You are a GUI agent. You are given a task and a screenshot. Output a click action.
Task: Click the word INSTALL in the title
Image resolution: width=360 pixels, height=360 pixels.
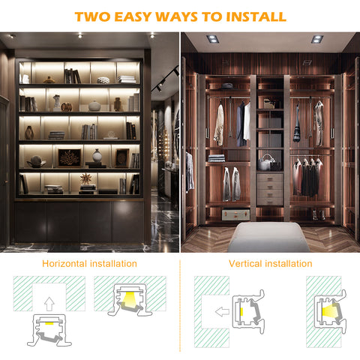coord(256,16)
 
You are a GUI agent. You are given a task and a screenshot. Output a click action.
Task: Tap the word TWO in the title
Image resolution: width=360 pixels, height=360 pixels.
coord(92,16)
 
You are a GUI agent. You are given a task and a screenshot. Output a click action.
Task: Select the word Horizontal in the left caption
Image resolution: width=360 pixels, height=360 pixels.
coord(64,264)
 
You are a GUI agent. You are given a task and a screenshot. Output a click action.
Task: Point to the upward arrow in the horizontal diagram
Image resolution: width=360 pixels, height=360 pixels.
coord(49,304)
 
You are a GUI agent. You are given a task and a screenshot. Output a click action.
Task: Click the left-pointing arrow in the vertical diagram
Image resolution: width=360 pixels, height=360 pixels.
coord(222,312)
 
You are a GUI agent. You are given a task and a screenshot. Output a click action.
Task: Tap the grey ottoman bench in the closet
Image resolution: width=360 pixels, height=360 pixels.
coord(268,237)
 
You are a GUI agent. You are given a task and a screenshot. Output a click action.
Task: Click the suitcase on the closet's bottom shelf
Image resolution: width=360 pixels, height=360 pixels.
coord(235,214)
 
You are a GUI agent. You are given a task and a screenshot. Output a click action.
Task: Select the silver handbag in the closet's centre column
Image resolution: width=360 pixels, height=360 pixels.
coord(265,162)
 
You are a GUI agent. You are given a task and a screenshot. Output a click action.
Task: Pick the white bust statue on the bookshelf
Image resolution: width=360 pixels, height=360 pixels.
coord(57,103)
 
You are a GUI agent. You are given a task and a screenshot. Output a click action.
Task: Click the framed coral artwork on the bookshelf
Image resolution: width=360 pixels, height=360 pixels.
coord(70,157)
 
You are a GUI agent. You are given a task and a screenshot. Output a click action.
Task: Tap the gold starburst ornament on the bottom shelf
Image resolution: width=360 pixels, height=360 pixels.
coord(86,178)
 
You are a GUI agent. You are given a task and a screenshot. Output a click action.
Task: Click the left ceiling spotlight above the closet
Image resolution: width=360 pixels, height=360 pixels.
coord(212,39)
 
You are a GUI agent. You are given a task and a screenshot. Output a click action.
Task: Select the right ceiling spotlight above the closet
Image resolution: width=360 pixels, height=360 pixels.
coord(317,39)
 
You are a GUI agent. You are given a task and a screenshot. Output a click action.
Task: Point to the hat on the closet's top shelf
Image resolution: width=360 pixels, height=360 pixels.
coord(227,86)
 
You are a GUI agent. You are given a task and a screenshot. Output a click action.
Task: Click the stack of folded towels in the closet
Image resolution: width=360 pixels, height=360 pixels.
coord(217,158)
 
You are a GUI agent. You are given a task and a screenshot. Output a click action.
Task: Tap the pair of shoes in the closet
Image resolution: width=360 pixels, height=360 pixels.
coord(318,215)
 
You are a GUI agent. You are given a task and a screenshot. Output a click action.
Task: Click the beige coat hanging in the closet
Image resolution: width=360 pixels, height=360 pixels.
coord(219,125)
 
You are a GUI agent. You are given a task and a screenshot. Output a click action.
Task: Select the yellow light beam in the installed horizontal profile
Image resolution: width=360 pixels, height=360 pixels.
coord(129,298)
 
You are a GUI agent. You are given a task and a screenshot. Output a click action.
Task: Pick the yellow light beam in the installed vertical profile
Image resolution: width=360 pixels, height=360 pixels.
coord(329,311)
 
